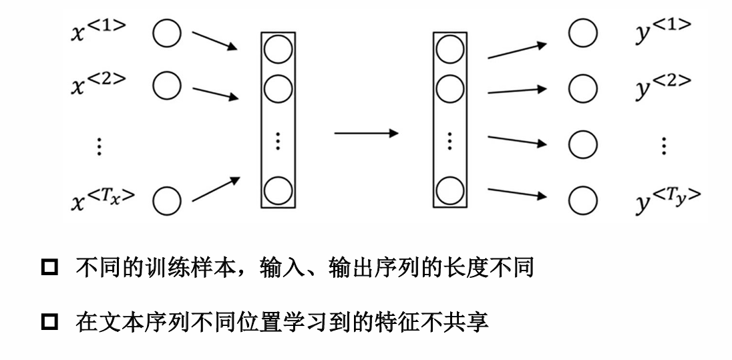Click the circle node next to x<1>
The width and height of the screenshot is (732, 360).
[x=166, y=33]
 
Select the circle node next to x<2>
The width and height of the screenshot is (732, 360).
[x=166, y=86]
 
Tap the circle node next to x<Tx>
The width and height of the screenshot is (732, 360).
[x=166, y=198]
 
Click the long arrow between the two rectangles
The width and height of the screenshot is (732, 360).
[x=366, y=133]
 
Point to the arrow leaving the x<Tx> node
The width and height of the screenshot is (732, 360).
[x=215, y=188]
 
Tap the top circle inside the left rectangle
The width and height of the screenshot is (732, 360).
[x=278, y=48]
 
